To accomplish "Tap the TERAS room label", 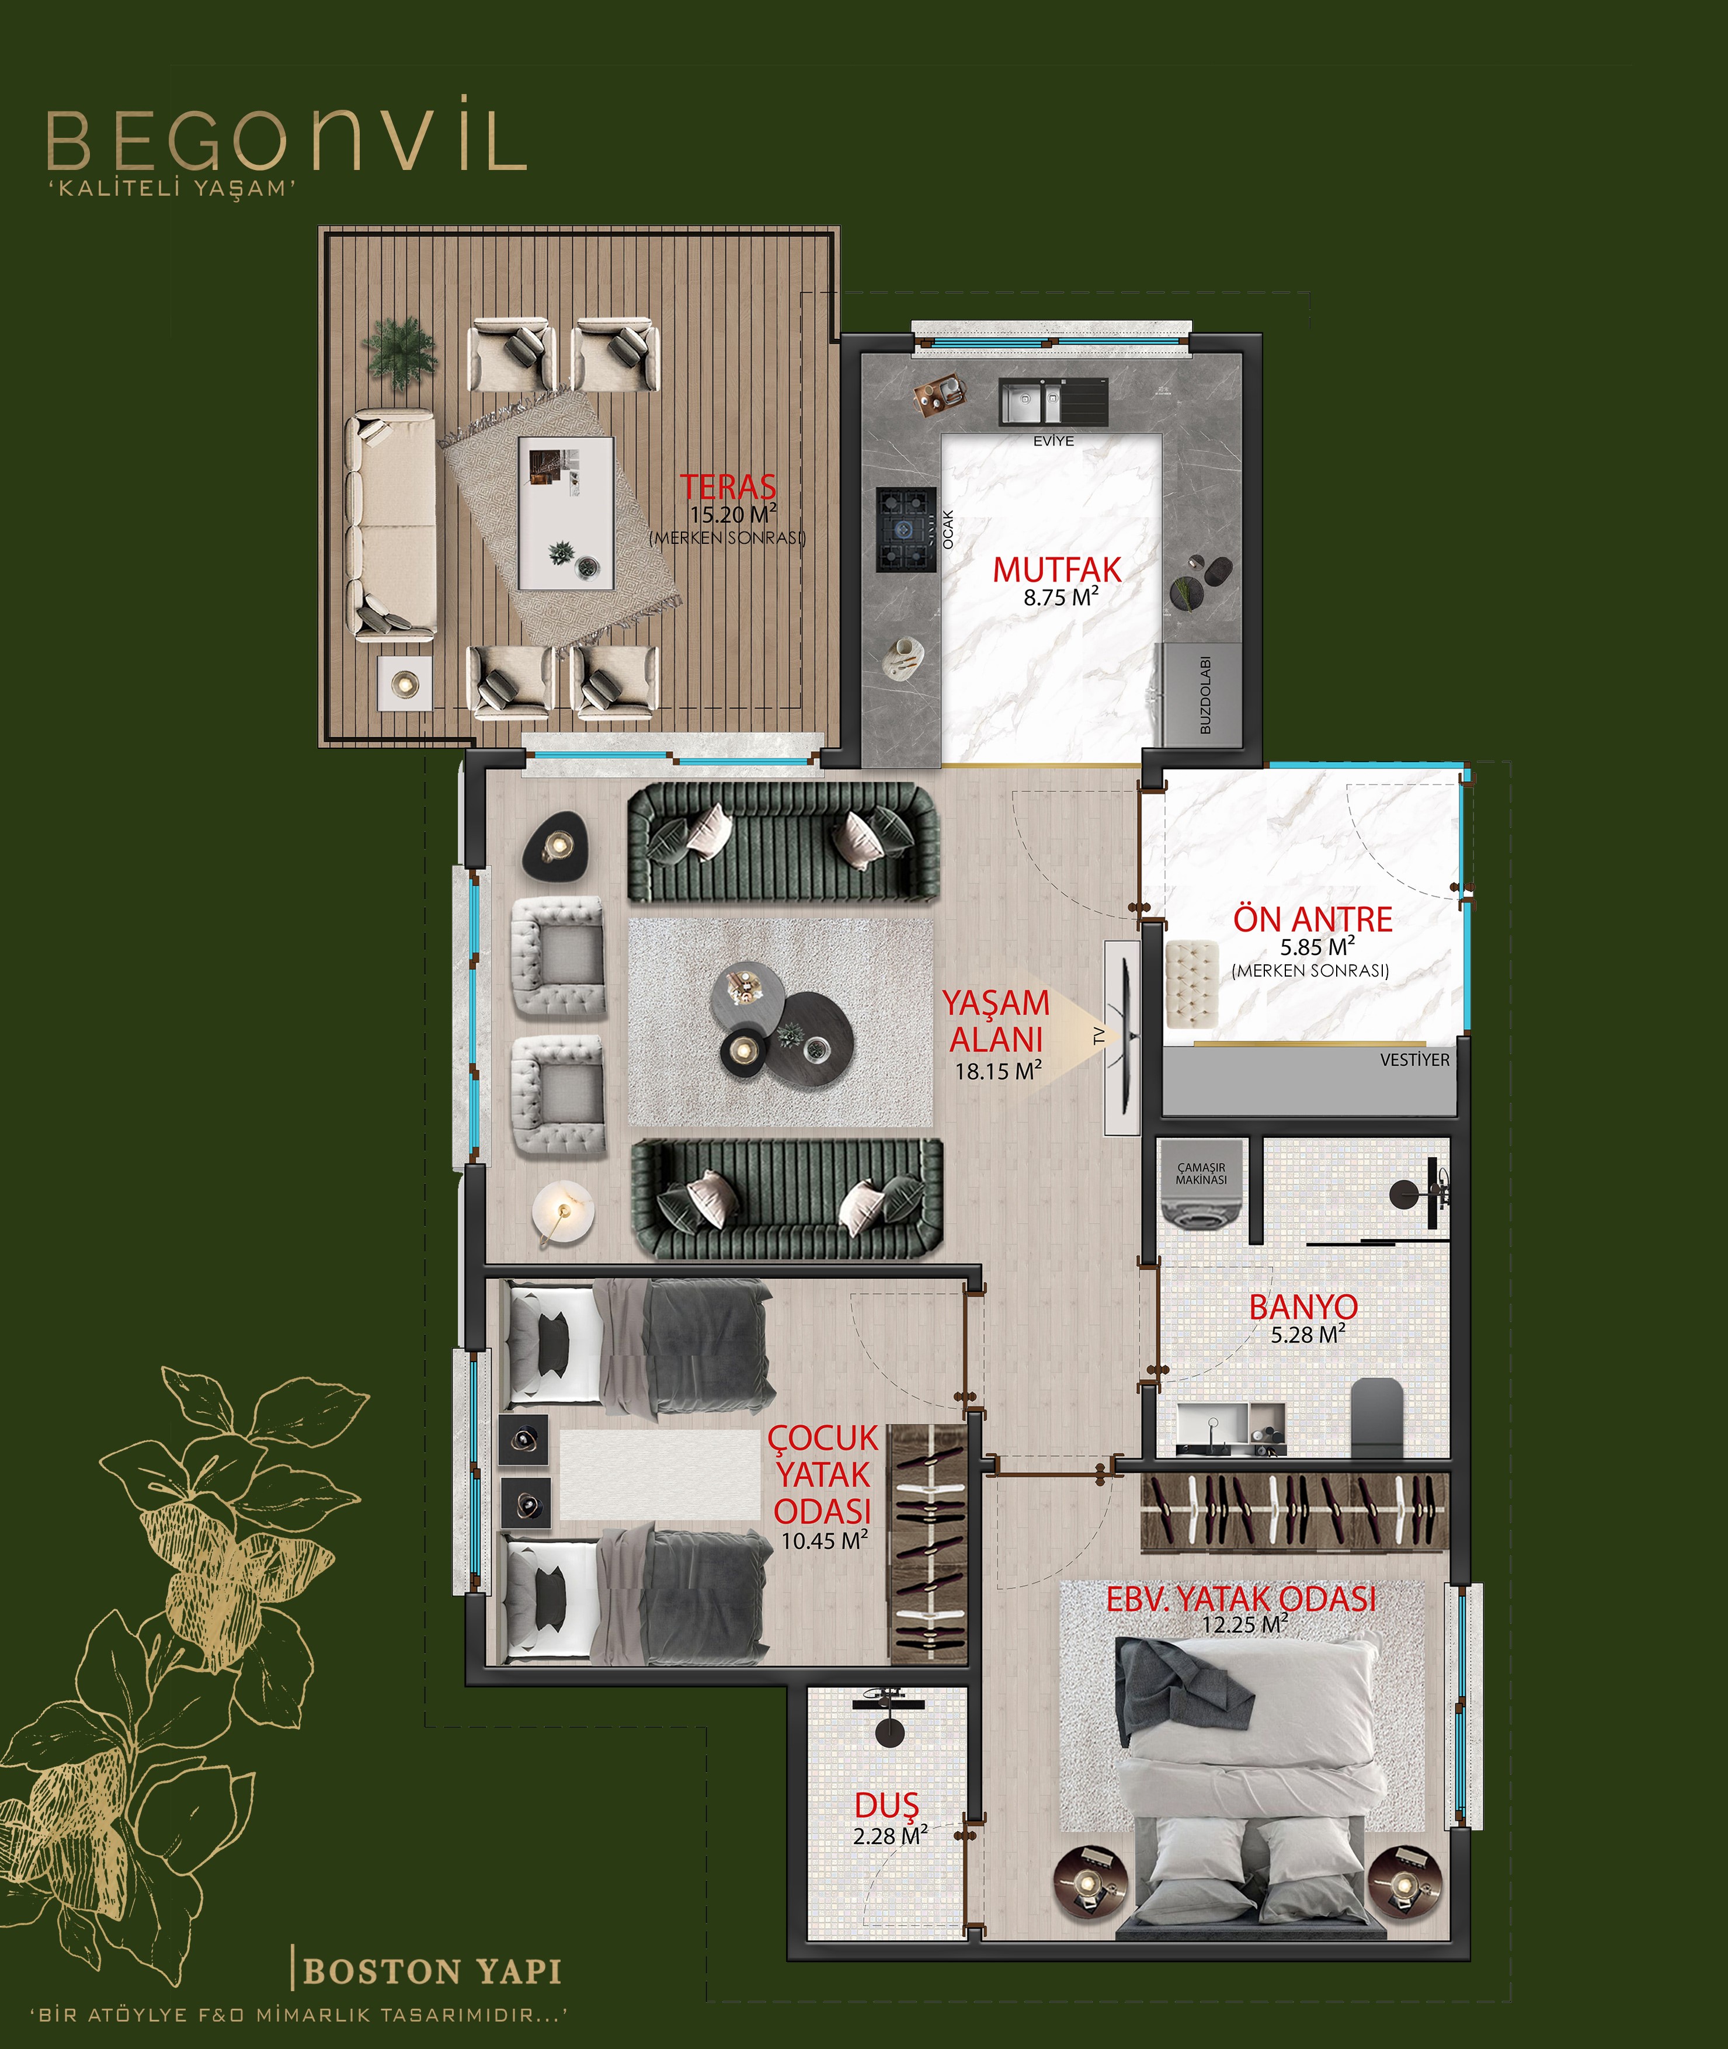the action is click(728, 486).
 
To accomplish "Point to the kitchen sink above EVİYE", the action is click(1053, 402).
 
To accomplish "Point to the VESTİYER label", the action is click(1414, 1060).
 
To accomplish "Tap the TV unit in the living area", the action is click(1122, 1037).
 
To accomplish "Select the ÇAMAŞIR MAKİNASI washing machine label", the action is click(1201, 1174).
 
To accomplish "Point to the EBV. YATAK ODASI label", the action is click(1241, 1599).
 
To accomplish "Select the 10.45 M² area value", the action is click(824, 1540).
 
